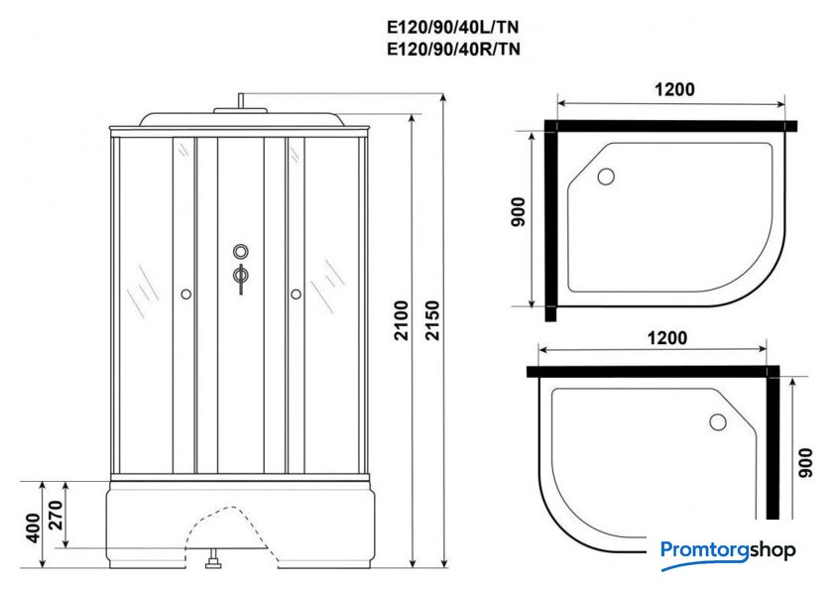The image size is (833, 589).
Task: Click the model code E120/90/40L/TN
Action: click(453, 27)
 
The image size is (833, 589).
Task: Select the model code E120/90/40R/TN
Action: click(453, 49)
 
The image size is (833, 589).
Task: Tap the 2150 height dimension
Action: click(433, 320)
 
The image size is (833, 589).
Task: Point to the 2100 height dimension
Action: click(401, 320)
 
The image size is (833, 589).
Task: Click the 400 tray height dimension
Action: click(33, 528)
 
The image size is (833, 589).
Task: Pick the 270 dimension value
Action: click(56, 516)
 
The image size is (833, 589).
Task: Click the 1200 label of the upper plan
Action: click(674, 89)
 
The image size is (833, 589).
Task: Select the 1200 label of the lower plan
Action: click(666, 338)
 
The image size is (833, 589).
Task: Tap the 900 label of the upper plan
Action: click(518, 212)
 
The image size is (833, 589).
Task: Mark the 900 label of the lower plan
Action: click(805, 463)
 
